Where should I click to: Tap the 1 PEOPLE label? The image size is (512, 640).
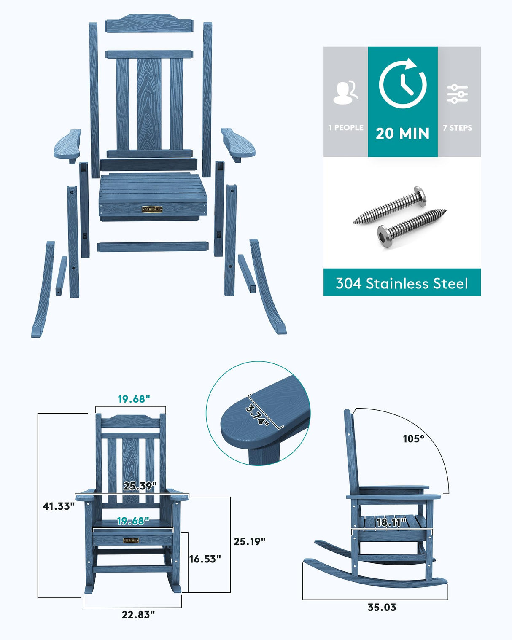click(346, 127)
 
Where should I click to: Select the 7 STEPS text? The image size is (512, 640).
click(458, 128)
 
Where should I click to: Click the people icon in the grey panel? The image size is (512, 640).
click(345, 93)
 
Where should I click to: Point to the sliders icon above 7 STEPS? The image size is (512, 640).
click(458, 94)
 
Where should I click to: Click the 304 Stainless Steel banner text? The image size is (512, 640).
click(402, 283)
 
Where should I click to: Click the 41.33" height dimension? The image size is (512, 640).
click(59, 506)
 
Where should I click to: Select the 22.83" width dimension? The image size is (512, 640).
click(138, 615)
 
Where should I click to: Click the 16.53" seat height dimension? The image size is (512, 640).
click(205, 559)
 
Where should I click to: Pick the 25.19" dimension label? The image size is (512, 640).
click(250, 541)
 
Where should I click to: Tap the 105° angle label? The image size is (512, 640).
click(413, 439)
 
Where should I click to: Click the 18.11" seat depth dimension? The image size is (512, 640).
click(391, 522)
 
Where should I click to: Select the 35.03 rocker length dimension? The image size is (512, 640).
click(382, 607)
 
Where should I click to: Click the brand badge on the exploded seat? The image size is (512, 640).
click(152, 209)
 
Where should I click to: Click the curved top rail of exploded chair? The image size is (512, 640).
click(149, 24)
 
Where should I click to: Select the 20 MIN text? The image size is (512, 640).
click(402, 134)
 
